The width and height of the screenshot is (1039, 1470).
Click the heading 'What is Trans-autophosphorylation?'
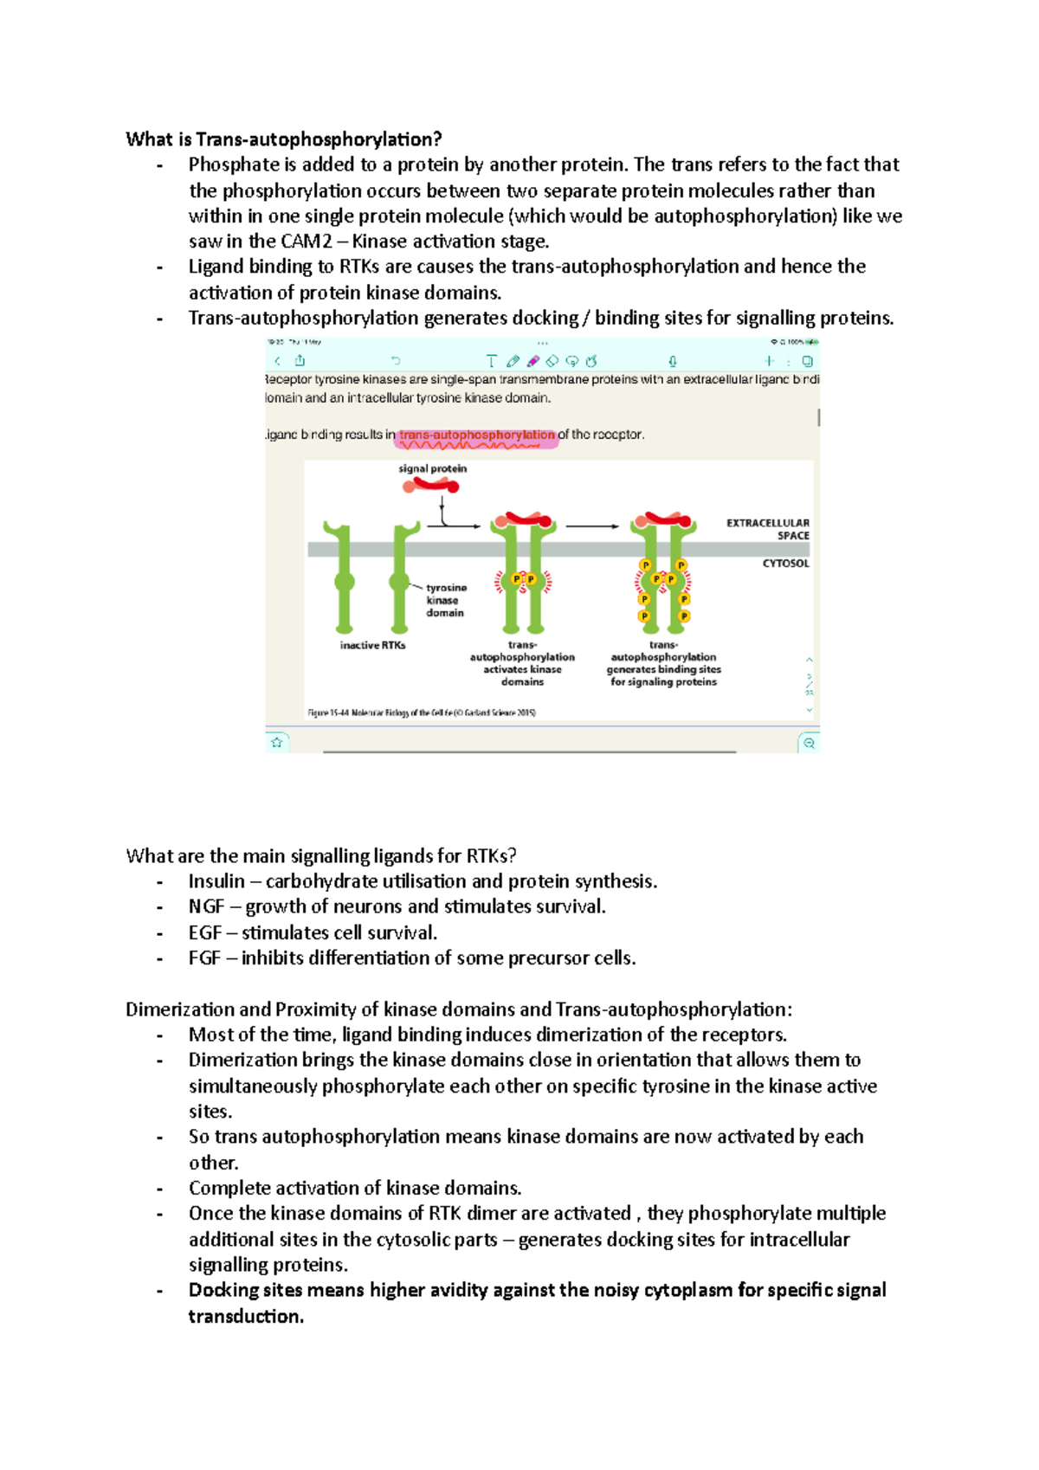click(x=283, y=139)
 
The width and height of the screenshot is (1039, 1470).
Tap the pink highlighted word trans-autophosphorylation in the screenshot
click(x=476, y=435)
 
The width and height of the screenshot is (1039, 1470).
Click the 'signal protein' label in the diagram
click(x=432, y=468)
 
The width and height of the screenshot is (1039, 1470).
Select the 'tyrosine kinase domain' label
click(x=445, y=600)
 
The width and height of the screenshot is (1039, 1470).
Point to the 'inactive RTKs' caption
click(x=372, y=645)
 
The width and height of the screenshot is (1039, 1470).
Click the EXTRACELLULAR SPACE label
click(x=768, y=529)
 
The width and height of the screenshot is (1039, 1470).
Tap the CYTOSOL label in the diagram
click(x=785, y=563)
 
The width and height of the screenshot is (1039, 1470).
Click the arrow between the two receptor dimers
click(x=592, y=525)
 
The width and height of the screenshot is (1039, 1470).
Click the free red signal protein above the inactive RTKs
click(x=430, y=486)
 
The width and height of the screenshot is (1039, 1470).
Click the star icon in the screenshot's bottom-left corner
click(x=277, y=742)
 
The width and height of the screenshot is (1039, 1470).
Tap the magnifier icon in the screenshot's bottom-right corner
click(x=809, y=743)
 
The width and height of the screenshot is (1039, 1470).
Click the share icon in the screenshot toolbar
click(x=300, y=361)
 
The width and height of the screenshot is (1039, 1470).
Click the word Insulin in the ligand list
click(x=216, y=881)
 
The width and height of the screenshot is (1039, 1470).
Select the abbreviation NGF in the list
click(x=206, y=906)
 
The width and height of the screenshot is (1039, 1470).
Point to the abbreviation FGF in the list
click(x=204, y=957)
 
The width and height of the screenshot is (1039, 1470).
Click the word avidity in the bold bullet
click(x=449, y=1290)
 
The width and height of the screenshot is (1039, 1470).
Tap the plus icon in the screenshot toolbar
click(x=769, y=361)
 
